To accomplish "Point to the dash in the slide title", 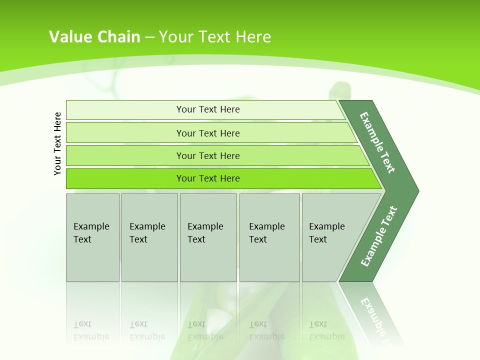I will tap(149, 37).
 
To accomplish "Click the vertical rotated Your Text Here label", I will tap(57, 143).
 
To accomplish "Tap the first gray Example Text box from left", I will tap(92, 237).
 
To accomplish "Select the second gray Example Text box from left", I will tap(149, 237).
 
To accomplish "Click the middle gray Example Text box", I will tap(208, 237).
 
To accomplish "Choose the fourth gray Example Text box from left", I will tap(269, 237).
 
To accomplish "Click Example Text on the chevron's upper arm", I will tap(377, 142).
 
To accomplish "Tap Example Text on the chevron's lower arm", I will tap(379, 236).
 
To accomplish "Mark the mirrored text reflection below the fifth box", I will tap(327, 331).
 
